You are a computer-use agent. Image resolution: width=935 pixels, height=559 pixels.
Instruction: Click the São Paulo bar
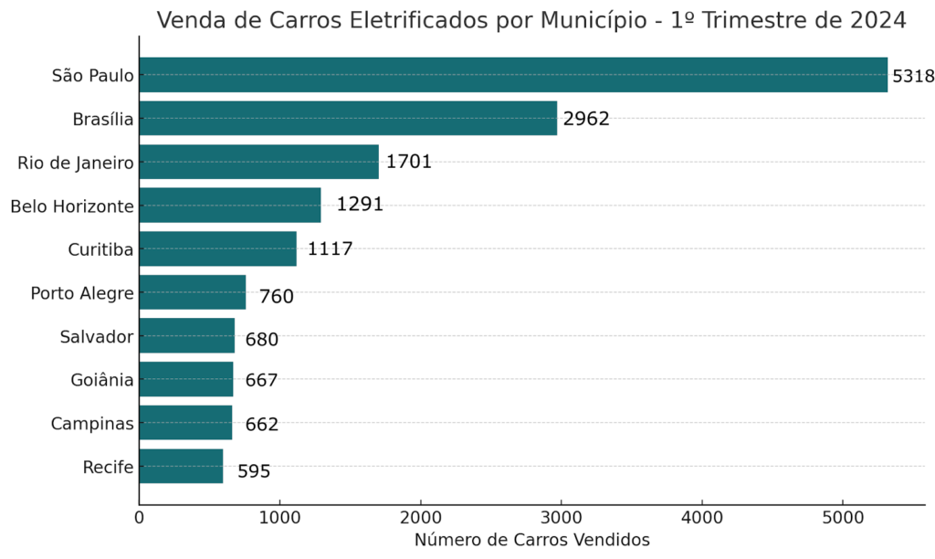coord(513,75)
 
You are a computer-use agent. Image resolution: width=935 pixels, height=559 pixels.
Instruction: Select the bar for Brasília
coord(348,118)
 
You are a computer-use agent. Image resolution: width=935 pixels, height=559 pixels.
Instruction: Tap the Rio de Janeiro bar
coord(258,162)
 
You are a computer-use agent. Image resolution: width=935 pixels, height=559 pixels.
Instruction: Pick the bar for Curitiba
coord(217,248)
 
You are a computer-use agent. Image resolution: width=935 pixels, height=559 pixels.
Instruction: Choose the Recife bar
coord(181,466)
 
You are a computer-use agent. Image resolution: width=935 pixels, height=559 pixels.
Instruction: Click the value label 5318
coord(913,76)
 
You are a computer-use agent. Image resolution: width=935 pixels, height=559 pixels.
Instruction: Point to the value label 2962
coord(585,119)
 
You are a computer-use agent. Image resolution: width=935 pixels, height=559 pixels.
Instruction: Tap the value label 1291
coord(360,205)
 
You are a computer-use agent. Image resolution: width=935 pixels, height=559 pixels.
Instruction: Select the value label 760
coord(276,297)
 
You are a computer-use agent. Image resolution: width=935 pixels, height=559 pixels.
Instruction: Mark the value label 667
coord(261,381)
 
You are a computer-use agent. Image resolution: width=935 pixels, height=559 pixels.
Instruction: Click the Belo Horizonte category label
coord(72,206)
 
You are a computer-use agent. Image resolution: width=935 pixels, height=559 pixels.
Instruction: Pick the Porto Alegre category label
coord(82,293)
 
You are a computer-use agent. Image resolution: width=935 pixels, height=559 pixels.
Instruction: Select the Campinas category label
coord(93,424)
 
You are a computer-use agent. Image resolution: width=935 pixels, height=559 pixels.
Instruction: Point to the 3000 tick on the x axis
coord(561,517)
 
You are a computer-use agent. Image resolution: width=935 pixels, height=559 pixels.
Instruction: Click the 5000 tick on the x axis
coord(842,517)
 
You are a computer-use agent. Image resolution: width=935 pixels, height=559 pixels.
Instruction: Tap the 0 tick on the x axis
coord(140,517)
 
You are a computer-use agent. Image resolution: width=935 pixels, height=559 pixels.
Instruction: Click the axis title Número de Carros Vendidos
coord(531,540)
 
